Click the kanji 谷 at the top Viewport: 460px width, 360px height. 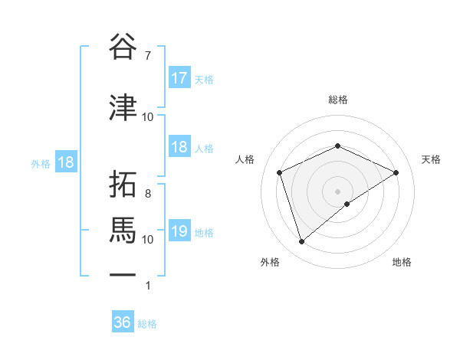pos(123,47)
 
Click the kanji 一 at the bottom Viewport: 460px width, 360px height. pos(123,274)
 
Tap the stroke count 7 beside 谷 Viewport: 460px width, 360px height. pos(147,56)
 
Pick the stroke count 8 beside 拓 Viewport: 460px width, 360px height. pos(147,194)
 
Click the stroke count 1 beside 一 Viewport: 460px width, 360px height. pos(147,286)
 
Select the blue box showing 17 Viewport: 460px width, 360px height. pos(179,77)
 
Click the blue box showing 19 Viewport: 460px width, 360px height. pos(179,231)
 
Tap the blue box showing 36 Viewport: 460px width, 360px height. pos(123,322)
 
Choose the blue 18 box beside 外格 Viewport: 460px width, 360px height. pos(65,162)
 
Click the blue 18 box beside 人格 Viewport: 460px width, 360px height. pos(179,147)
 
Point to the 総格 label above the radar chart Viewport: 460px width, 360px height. pos(338,100)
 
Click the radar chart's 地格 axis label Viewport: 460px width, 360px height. pos(402,262)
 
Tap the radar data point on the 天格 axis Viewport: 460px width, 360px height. pos(396,172)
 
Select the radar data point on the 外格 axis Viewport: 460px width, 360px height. pos(301,242)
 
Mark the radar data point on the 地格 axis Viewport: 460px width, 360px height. pos(347,204)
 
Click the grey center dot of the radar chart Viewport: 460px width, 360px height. pos(338,191)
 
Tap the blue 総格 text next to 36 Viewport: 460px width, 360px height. pos(147,323)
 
